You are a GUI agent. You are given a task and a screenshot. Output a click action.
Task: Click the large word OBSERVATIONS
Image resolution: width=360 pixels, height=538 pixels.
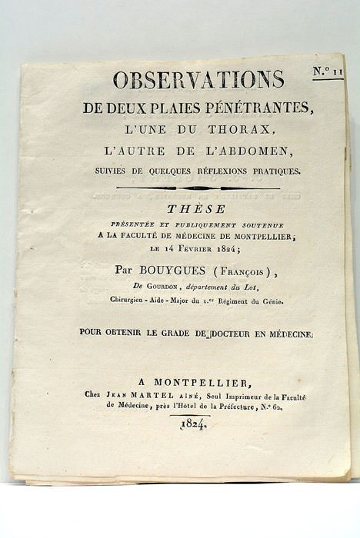coord(198,79)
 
